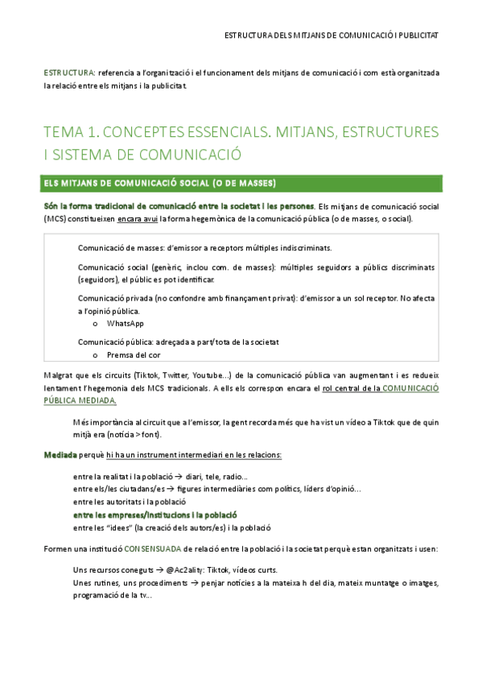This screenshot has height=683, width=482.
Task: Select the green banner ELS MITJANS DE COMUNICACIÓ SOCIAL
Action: [x=160, y=182]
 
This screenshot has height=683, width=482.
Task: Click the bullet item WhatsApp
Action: [x=125, y=323]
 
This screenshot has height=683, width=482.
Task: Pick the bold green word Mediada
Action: [x=60, y=455]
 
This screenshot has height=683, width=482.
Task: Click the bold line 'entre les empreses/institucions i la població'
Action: [x=154, y=514]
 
